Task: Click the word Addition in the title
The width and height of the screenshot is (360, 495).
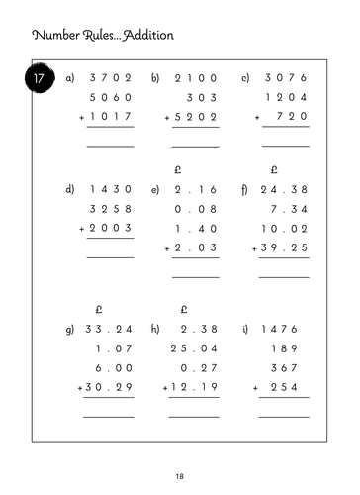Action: coord(144,36)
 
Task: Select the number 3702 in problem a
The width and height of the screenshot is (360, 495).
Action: coord(110,77)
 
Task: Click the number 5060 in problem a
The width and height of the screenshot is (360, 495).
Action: coord(110,99)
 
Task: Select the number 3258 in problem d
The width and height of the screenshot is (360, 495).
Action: coord(110,211)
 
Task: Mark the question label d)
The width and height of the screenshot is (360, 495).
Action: coord(69,188)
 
